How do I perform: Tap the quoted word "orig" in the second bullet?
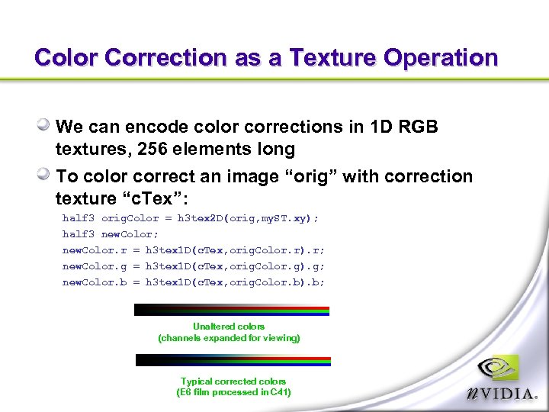[x=311, y=176]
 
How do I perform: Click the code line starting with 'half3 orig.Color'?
[x=190, y=218]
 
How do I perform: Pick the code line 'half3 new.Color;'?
[x=111, y=234]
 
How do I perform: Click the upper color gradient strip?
[x=231, y=311]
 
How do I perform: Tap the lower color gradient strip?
[x=233, y=360]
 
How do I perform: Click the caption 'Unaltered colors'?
[x=229, y=327]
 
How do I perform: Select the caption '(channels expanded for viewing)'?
[x=229, y=338]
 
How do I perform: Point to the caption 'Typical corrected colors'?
[x=233, y=381]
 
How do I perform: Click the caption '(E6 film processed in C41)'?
[x=233, y=392]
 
